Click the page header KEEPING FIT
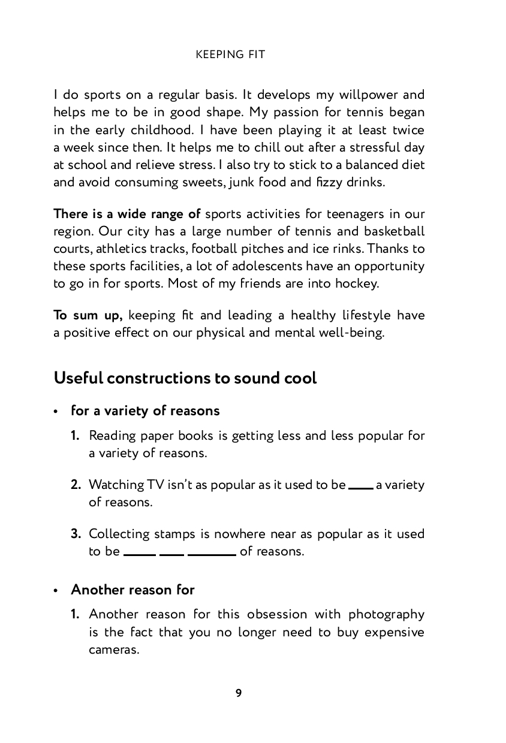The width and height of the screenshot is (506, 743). (x=230, y=55)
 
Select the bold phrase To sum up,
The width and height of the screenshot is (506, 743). (x=88, y=315)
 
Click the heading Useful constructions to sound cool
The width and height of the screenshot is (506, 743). (x=185, y=379)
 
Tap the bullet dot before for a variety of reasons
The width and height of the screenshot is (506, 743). (x=56, y=412)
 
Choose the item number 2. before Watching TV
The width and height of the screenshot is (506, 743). (x=76, y=485)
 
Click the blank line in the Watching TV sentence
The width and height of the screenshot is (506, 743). (x=361, y=488)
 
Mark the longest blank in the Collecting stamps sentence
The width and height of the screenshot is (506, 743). (x=212, y=555)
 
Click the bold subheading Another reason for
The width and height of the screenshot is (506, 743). (x=132, y=590)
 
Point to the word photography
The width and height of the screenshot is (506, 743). (x=386, y=614)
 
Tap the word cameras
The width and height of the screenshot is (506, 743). (x=114, y=650)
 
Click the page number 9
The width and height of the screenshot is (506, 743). (x=239, y=693)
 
